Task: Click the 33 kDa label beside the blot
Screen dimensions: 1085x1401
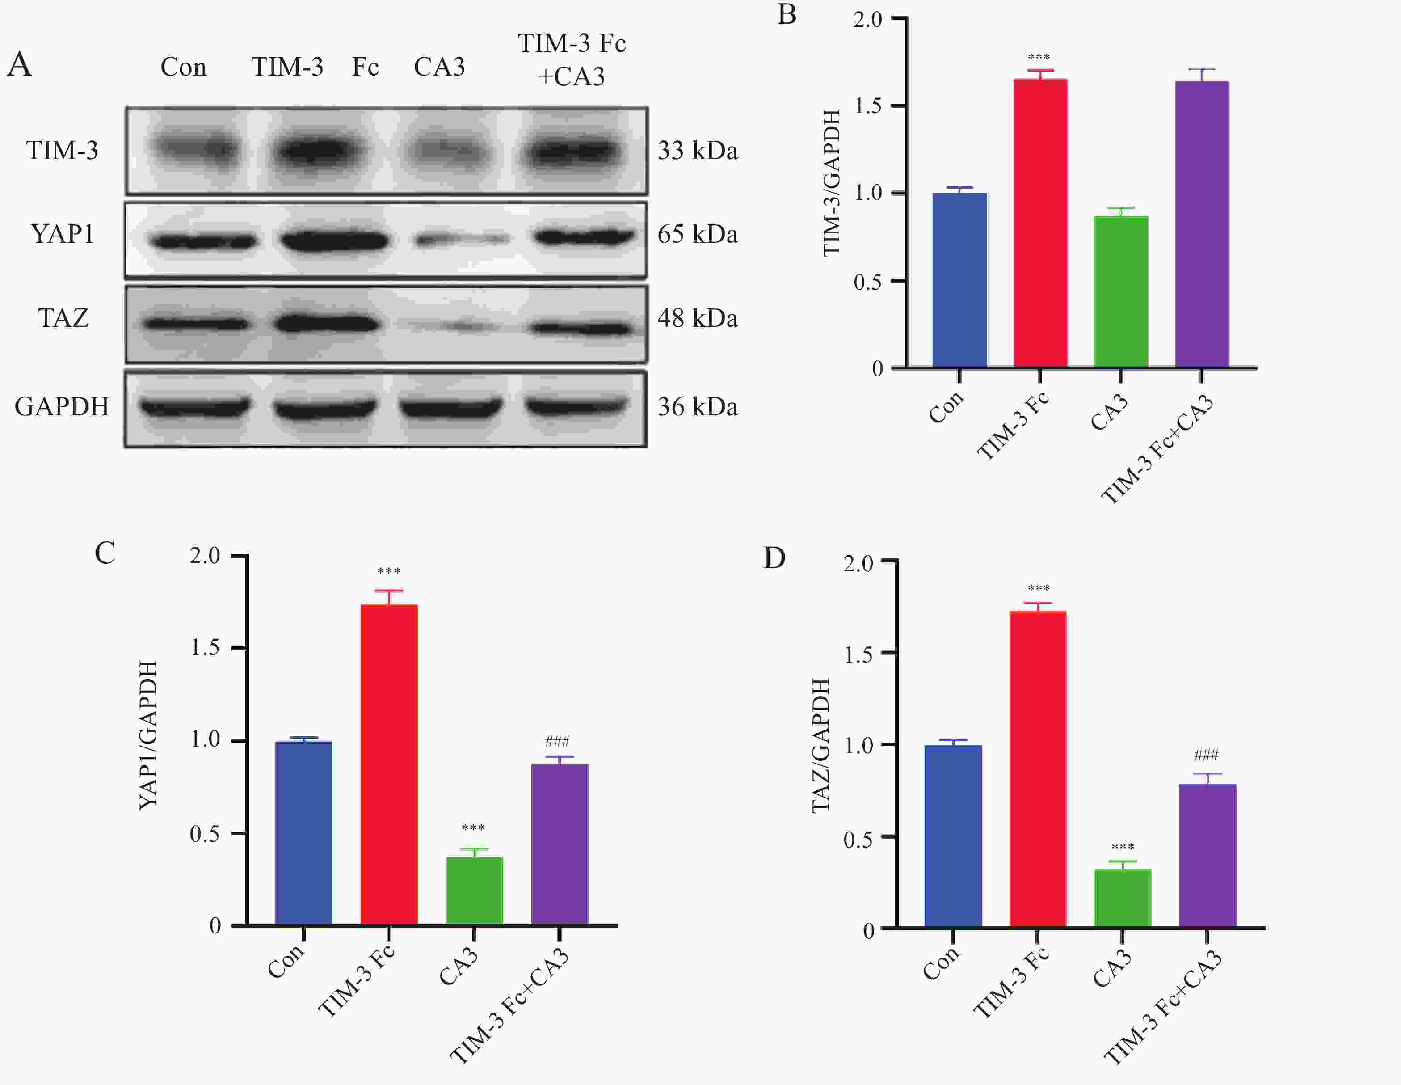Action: click(697, 151)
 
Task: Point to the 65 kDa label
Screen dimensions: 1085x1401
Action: click(697, 234)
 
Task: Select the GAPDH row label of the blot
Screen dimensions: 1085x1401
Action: click(62, 406)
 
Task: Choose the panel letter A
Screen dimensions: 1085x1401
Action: click(19, 64)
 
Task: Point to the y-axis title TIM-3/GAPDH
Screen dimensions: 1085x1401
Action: click(831, 183)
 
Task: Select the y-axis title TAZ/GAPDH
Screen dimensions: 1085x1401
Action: click(820, 746)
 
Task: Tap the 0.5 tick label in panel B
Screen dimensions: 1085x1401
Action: click(868, 282)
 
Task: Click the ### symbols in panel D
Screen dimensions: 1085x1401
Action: click(1206, 755)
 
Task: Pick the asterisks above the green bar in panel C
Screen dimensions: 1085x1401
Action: click(473, 827)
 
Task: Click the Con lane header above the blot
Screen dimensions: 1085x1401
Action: click(184, 67)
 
